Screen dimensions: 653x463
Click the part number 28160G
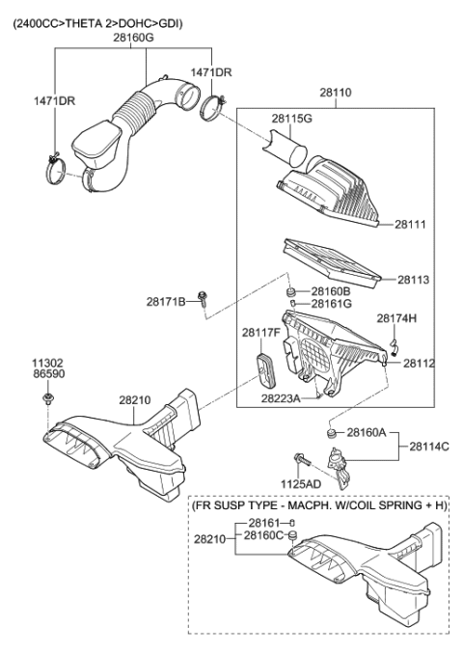pyautogui.click(x=133, y=37)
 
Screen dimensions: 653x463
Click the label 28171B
pyautogui.click(x=166, y=301)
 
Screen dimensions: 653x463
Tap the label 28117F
pyautogui.click(x=261, y=334)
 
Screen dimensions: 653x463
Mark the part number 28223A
pyautogui.click(x=279, y=396)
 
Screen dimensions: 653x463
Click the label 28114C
pyautogui.click(x=429, y=447)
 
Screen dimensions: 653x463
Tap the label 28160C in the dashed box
pyautogui.click(x=263, y=536)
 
